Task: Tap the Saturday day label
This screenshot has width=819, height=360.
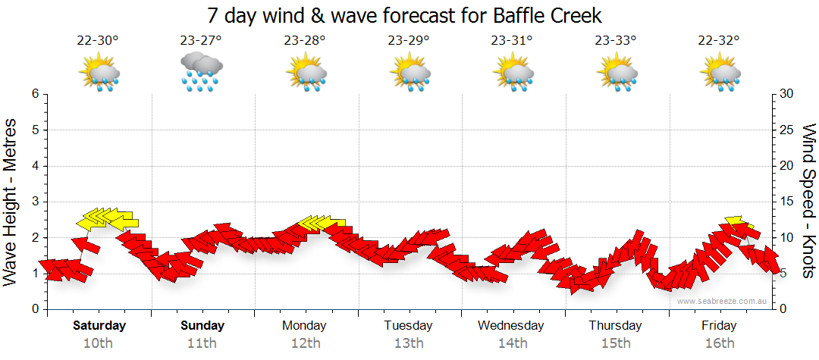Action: click(x=99, y=326)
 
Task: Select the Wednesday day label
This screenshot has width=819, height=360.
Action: click(x=511, y=326)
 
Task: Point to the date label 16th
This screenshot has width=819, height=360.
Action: click(x=719, y=343)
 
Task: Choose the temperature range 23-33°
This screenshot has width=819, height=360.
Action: click(x=614, y=41)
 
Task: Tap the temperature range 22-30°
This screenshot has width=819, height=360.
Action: click(x=98, y=41)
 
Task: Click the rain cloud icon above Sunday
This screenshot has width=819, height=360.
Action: click(x=201, y=73)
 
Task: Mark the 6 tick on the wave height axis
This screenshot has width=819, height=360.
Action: click(x=35, y=94)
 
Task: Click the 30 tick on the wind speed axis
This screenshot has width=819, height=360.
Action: click(x=787, y=94)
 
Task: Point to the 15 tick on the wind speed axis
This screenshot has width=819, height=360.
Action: click(x=787, y=202)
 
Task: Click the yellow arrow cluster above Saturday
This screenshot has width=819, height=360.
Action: click(x=106, y=219)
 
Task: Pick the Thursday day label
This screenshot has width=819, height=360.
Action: click(x=615, y=326)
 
